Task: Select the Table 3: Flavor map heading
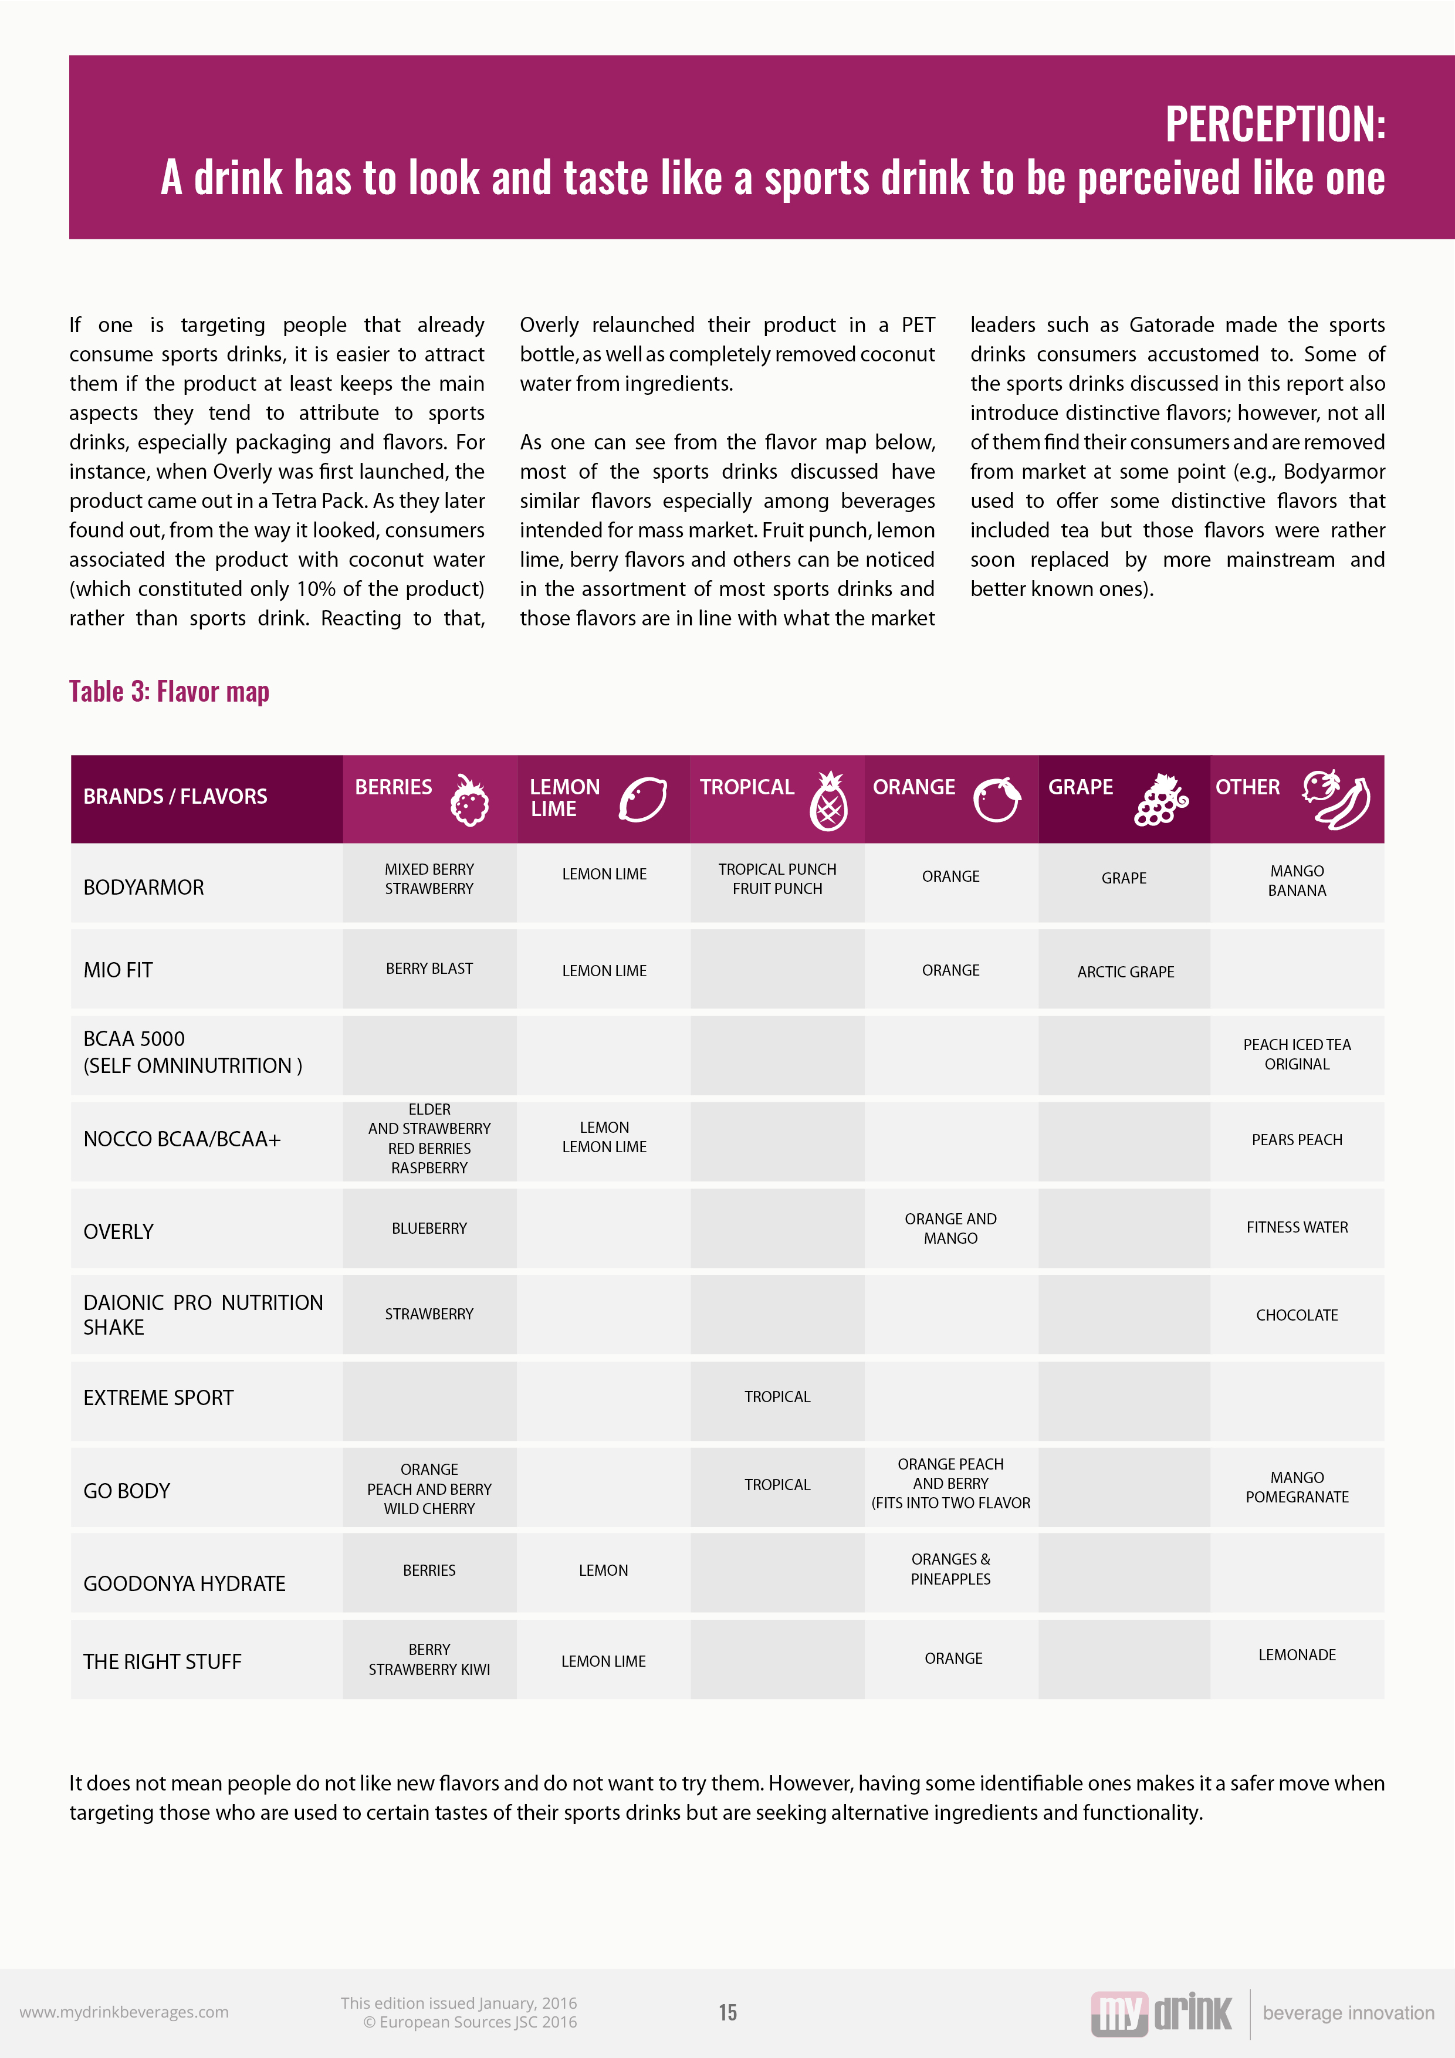pos(170,691)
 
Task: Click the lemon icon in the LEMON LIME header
pos(643,798)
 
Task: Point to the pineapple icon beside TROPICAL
pos(828,801)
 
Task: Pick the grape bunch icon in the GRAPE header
pos(1161,800)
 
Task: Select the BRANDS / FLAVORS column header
pos(175,796)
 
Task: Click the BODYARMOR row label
pos(143,888)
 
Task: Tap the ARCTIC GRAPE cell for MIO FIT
pos(1125,972)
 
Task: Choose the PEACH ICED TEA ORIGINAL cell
pos(1297,1054)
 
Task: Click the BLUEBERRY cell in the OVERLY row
pos(429,1228)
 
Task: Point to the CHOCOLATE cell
pos(1297,1315)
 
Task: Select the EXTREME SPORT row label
pos(158,1397)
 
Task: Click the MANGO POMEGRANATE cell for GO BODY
pos(1297,1487)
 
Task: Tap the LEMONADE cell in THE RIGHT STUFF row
pos(1297,1654)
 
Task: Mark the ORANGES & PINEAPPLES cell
pos(950,1569)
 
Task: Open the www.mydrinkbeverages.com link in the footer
pos(124,2012)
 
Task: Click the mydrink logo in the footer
pos(1161,2013)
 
